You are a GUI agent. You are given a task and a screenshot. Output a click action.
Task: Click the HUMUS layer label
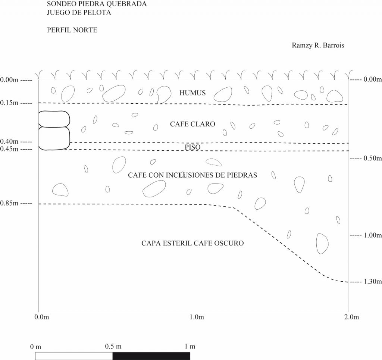coord(192,93)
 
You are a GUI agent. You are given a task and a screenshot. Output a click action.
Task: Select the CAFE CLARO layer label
coord(192,124)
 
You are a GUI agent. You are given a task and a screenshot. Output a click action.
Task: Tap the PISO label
coord(192,147)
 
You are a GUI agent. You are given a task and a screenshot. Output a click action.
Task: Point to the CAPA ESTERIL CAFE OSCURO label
coord(192,243)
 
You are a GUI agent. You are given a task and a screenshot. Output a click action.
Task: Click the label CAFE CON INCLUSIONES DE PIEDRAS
coord(192,175)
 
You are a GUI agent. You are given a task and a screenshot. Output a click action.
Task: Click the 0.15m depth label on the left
coord(9,103)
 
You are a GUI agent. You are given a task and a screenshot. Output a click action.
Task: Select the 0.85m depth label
coord(9,203)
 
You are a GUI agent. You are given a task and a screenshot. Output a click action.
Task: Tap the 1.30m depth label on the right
coord(373,282)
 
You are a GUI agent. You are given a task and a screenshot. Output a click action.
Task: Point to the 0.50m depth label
coord(373,158)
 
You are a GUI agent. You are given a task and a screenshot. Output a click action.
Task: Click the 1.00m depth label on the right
coord(373,235)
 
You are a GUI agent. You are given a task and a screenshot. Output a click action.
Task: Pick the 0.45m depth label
coord(9,149)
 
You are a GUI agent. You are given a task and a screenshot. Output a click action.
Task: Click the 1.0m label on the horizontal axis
coord(197,317)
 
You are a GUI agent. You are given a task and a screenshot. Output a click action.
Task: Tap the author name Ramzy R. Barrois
coord(318,46)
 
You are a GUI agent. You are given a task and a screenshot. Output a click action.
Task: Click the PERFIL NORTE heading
coord(72,30)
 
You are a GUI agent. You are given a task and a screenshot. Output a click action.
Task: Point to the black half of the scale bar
coord(151,356)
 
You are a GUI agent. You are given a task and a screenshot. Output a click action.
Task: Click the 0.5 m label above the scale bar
coord(113,346)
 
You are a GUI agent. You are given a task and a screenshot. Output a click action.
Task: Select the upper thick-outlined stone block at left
coord(54,119)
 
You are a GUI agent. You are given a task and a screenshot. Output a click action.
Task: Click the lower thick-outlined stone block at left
coord(54,138)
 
